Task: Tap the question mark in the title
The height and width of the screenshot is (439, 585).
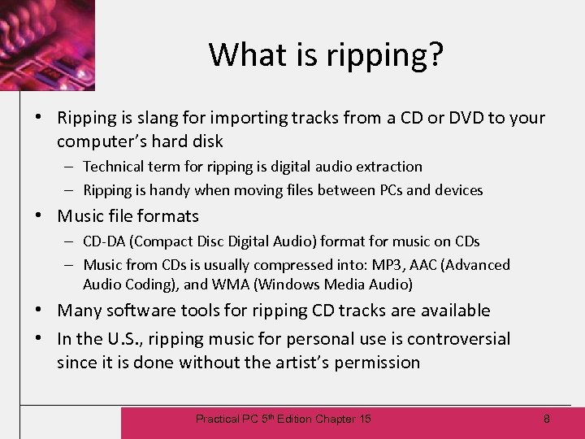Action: point(435,54)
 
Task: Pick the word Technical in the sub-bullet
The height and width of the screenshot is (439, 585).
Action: point(118,167)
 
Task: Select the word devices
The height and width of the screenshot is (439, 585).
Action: point(457,190)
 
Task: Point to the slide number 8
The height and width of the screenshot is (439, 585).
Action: point(547,419)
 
